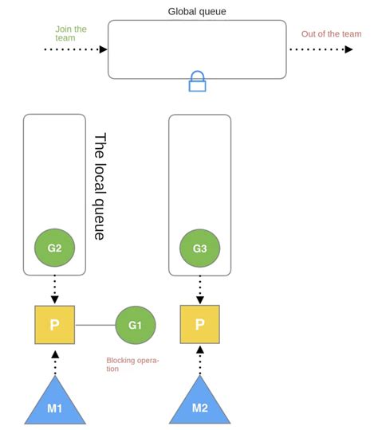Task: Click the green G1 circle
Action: tap(135, 325)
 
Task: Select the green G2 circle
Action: tap(54, 248)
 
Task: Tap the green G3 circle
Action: tap(199, 248)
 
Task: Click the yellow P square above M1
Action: tap(54, 325)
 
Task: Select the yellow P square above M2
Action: tap(199, 325)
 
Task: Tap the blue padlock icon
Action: tap(197, 80)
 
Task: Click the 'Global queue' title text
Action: tap(196, 11)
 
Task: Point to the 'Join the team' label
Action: tap(71, 33)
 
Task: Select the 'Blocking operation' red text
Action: tap(132, 364)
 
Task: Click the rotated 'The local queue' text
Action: tap(100, 186)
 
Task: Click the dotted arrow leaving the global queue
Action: tap(320, 49)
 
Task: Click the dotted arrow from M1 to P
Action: tap(54, 362)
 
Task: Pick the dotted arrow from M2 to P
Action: tap(199, 362)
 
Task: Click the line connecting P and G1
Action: tap(95, 325)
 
